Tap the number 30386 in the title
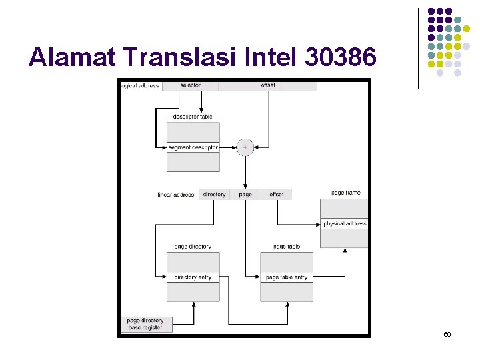[x=340, y=58]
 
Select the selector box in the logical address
[x=190, y=86]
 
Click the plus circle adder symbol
[x=245, y=147]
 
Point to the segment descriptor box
[x=193, y=147]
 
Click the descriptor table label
[x=193, y=117]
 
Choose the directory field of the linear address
[x=214, y=195]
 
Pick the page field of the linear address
[x=245, y=195]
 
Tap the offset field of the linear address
[x=277, y=195]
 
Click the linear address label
[x=175, y=195]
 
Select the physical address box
[x=345, y=224]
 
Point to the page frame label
[x=345, y=193]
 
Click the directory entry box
[x=193, y=277]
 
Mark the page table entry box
[x=287, y=277]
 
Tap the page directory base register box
[x=145, y=324]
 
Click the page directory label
[x=193, y=247]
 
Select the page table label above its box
[x=287, y=247]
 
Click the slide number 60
[x=447, y=333]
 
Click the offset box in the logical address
[x=267, y=86]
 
